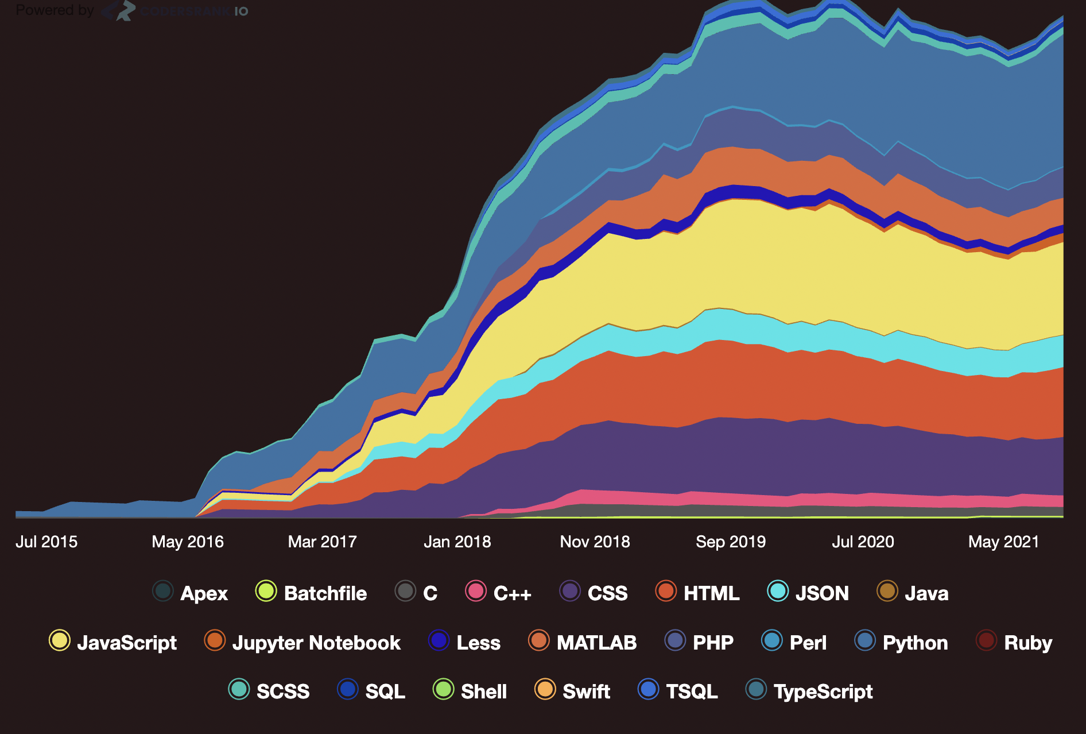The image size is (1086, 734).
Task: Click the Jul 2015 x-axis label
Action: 46,542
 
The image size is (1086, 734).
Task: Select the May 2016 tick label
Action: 188,542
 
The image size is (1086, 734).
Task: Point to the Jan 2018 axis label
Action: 457,542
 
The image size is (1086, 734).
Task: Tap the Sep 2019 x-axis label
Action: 731,542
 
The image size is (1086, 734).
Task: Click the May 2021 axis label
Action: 1004,542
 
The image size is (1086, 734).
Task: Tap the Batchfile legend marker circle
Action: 266,591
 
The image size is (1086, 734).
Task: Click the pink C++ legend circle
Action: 476,591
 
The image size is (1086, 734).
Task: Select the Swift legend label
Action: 586,691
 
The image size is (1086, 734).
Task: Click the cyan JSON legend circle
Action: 778,591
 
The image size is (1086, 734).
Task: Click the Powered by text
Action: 55,10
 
